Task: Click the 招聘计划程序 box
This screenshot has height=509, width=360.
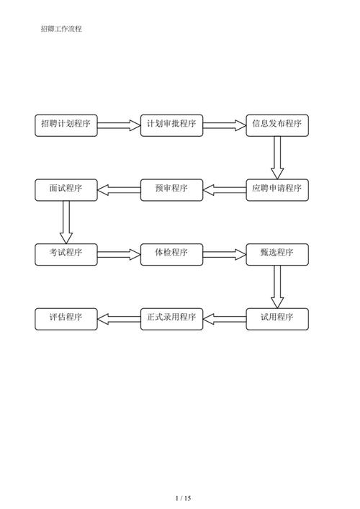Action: [x=66, y=125]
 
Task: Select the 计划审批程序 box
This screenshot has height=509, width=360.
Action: [x=171, y=125]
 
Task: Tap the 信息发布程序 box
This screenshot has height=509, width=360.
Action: [x=277, y=125]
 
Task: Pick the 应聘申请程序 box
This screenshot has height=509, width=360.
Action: [x=277, y=189]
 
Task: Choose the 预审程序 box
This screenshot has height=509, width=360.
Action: [x=171, y=189]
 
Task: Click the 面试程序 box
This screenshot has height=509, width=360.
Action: [x=66, y=189]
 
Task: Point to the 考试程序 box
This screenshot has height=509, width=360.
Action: [x=66, y=253]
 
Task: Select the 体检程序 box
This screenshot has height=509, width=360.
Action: [x=171, y=253]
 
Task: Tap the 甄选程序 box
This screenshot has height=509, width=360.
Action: [x=277, y=253]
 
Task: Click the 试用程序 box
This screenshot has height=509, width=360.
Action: [x=277, y=318]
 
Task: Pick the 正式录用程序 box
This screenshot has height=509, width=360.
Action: [x=171, y=318]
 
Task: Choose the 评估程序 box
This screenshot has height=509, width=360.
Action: [x=66, y=318]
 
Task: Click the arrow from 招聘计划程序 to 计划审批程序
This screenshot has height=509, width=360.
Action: [x=118, y=125]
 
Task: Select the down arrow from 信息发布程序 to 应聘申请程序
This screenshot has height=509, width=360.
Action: [x=277, y=157]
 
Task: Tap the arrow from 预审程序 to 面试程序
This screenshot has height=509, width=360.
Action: [x=118, y=190]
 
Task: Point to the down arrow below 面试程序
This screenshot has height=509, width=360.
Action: [x=66, y=222]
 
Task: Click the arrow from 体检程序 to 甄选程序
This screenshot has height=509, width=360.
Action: [x=224, y=254]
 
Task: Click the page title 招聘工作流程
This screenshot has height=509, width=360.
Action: [x=61, y=29]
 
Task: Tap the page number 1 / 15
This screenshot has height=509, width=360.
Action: [x=183, y=498]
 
